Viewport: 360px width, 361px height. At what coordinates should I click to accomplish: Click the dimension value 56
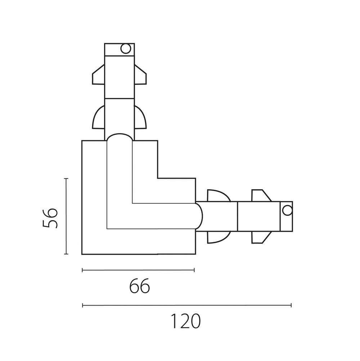pyautogui.click(x=50, y=218)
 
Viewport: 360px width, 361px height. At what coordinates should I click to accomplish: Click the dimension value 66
pyautogui.click(x=140, y=286)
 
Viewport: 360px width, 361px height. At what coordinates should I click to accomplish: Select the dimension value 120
pyautogui.click(x=186, y=321)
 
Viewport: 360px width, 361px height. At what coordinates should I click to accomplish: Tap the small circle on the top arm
pyautogui.click(x=126, y=49)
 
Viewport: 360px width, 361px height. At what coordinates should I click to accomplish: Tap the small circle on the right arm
pyautogui.click(x=287, y=210)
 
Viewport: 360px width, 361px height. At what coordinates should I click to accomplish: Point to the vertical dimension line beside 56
pyautogui.click(x=66, y=216)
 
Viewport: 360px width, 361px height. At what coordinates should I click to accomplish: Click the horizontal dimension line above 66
pyautogui.click(x=138, y=270)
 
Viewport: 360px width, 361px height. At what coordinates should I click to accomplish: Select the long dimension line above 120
pyautogui.click(x=187, y=305)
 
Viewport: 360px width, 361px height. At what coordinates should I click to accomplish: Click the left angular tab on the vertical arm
pyautogui.click(x=98, y=74)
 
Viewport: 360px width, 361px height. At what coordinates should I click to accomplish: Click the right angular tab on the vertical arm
pyautogui.click(x=140, y=74)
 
